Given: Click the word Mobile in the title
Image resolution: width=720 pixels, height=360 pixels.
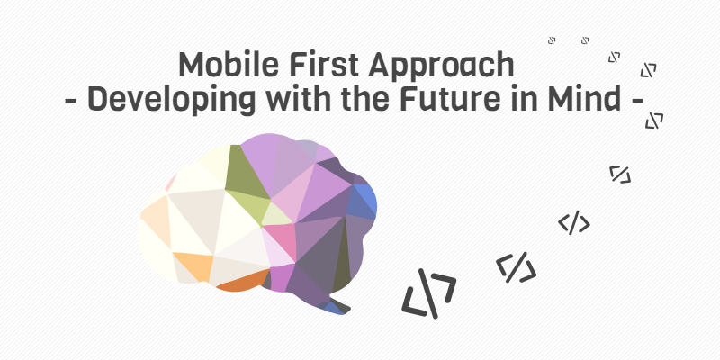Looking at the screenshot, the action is (229, 64).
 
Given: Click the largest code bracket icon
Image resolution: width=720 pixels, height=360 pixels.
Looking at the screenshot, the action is (429, 294).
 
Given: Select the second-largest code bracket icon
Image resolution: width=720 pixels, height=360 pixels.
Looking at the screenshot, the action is (516, 267).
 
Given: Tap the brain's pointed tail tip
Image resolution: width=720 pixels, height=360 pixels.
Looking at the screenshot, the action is (349, 310).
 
